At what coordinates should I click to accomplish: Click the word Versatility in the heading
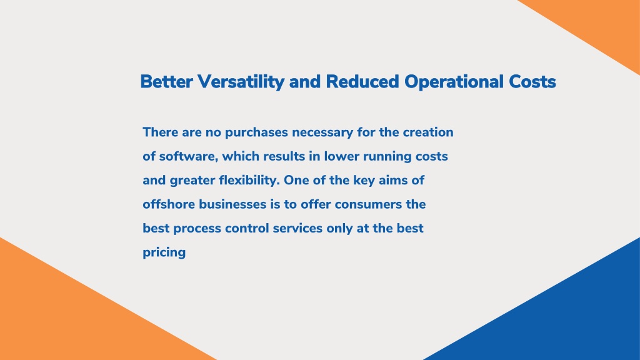coord(241,82)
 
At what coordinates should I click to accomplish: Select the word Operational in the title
coord(454,82)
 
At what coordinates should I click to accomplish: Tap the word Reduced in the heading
coord(362,82)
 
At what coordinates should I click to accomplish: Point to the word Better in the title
coord(166,82)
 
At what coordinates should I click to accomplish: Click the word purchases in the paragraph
coord(256,132)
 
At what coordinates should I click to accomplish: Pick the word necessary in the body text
coord(322,133)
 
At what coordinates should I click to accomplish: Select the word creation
coord(428,132)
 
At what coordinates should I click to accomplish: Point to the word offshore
coord(169,204)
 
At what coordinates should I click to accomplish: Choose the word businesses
coord(232,204)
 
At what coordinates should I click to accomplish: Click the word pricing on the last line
coord(164,252)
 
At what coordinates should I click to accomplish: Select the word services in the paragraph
coord(297,228)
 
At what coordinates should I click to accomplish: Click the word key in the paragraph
coord(364,181)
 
